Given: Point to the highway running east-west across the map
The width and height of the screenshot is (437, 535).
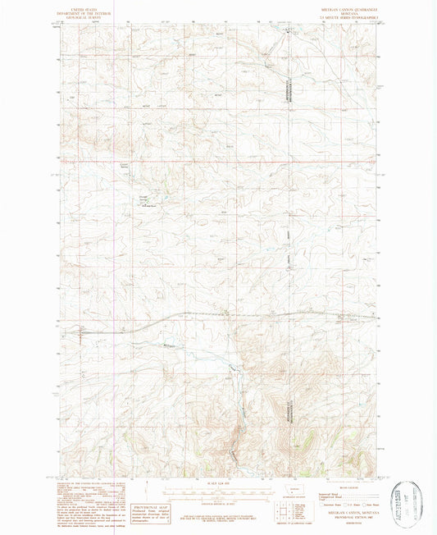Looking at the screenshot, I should [246, 315].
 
